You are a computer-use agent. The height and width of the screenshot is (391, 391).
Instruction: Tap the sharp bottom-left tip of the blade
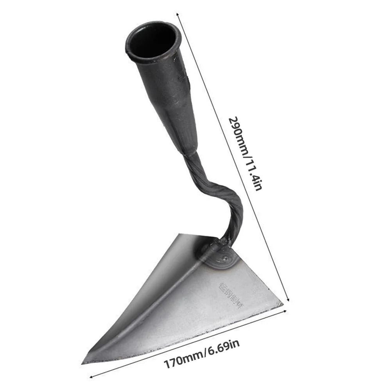point(84,362)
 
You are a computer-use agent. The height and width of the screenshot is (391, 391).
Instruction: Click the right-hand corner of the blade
point(281,303)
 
